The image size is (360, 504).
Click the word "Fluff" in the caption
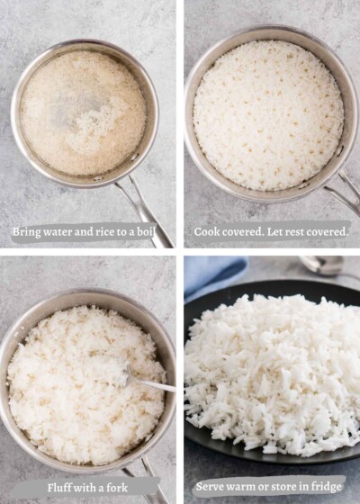[x=62, y=487]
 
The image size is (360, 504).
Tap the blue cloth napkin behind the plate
[x=212, y=273]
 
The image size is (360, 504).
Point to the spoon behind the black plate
[x=324, y=265]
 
